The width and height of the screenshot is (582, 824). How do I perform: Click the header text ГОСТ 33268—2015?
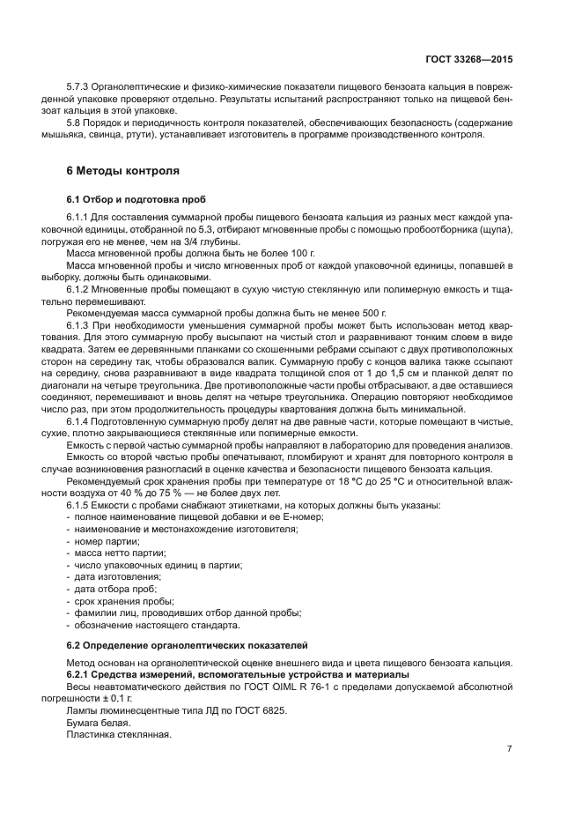[x=469, y=59]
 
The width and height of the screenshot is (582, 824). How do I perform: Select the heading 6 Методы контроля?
[x=123, y=171]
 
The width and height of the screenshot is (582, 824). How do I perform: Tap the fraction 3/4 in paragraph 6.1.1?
[x=178, y=241]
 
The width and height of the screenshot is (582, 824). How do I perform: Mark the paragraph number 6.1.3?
[x=81, y=325]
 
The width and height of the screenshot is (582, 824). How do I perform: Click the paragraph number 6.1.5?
[x=81, y=505]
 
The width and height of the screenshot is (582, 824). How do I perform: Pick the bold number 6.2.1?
[x=79, y=674]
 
